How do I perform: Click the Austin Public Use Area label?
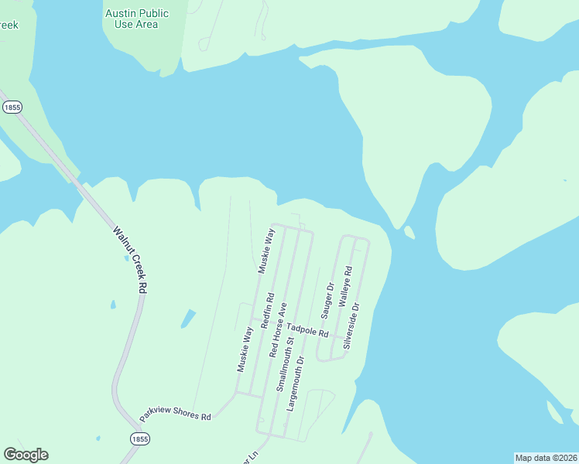pyautogui.click(x=136, y=19)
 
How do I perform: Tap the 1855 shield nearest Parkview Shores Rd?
pyautogui.click(x=139, y=438)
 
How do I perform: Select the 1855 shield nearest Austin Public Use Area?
pyautogui.click(x=12, y=108)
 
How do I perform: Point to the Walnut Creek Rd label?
pyautogui.click(x=130, y=258)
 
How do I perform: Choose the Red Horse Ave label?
pyautogui.click(x=277, y=329)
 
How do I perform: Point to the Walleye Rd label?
pyautogui.click(x=346, y=290)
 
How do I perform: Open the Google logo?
pyautogui.click(x=26, y=455)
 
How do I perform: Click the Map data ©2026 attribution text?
pyautogui.click(x=546, y=457)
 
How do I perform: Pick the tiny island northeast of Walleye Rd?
pyautogui.click(x=409, y=232)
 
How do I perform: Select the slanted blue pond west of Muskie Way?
pyautogui.click(x=187, y=318)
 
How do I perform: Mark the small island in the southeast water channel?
pyautogui.click(x=554, y=413)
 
